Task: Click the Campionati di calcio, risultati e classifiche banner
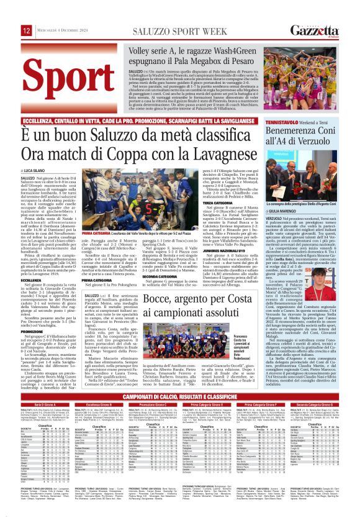tap(179, 395)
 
